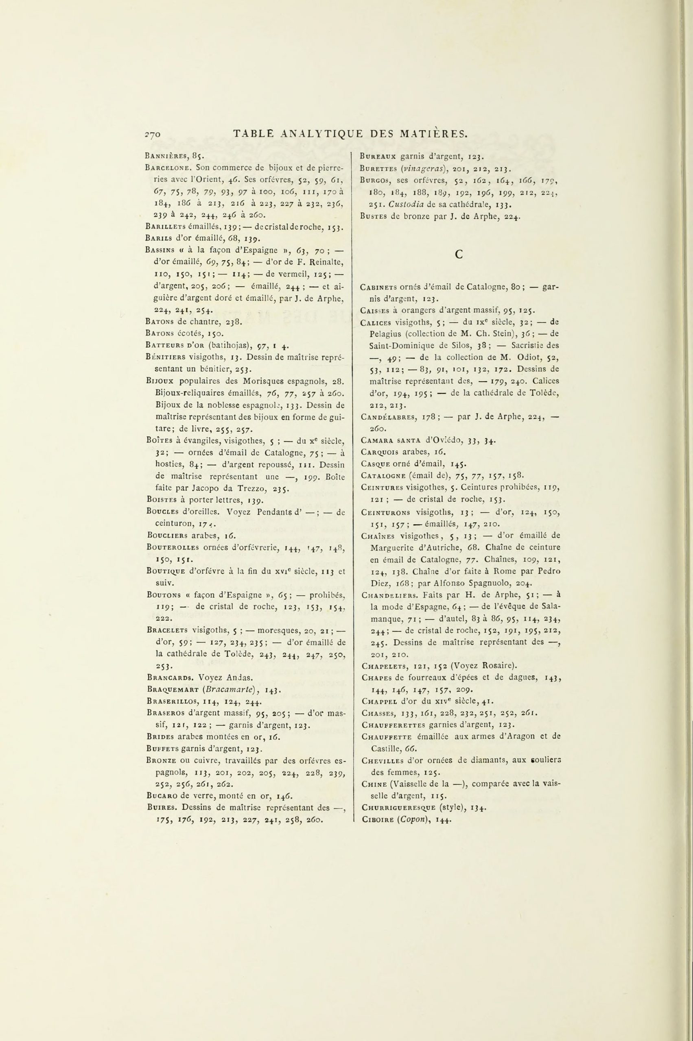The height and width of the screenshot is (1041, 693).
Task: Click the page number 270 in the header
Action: tap(154, 134)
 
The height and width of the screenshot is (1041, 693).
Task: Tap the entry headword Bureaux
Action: tap(378, 155)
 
